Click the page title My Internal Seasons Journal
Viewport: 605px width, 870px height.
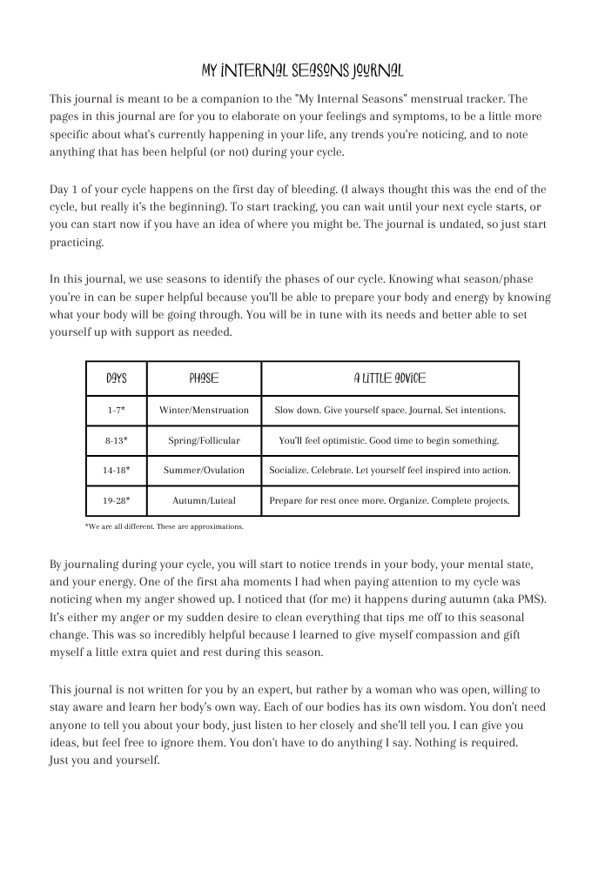[x=302, y=70]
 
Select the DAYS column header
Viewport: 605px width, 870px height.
[x=116, y=378]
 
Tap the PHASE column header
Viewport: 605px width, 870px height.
[x=204, y=378]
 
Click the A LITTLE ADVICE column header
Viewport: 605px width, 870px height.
[x=389, y=378]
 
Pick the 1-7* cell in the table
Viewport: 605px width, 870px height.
[x=116, y=410]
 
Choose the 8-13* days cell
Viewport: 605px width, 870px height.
[x=116, y=440]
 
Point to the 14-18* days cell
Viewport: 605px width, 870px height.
[x=116, y=470]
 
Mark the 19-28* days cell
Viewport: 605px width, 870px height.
[x=116, y=500]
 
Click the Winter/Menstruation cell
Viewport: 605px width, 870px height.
[x=204, y=410]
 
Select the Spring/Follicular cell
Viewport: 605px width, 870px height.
[x=204, y=440]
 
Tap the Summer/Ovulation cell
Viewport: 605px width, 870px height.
[x=204, y=470]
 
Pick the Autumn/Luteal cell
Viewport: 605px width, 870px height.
[x=204, y=500]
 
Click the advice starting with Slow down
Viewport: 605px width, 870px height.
[x=389, y=410]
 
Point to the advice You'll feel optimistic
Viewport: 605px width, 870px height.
[x=389, y=440]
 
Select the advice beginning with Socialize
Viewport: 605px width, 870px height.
[x=389, y=470]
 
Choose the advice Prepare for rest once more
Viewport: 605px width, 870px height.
[x=389, y=500]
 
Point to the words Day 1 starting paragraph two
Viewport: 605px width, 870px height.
[x=64, y=190]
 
